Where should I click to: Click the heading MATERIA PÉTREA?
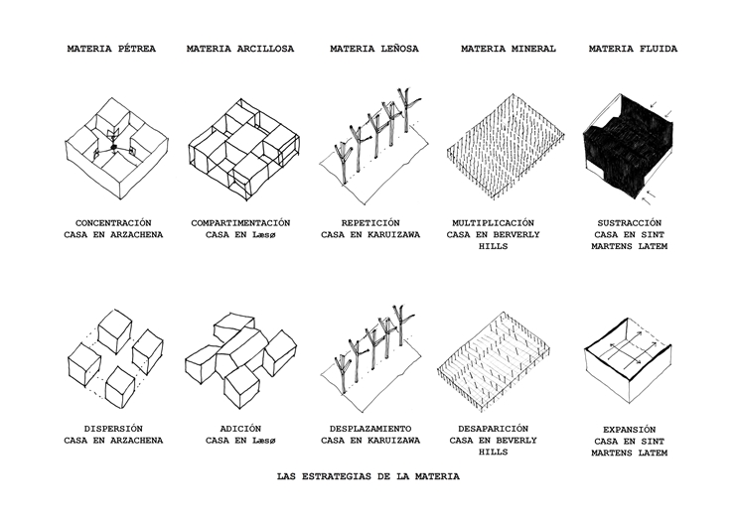coord(111,49)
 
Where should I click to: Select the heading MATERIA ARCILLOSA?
coord(239,49)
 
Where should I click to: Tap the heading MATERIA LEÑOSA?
coord(374,49)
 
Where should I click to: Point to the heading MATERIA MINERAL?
coord(508,49)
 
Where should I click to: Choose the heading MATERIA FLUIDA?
coord(633,49)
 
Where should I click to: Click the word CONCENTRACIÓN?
coord(113,223)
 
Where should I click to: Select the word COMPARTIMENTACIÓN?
coord(240,223)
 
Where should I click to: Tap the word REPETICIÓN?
coord(370,223)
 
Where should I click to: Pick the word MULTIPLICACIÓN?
coord(493,223)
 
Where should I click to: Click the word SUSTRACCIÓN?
coord(629,223)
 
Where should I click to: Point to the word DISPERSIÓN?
coord(113,429)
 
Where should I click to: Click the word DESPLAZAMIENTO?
coord(370,429)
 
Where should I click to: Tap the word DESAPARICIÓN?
coord(493,429)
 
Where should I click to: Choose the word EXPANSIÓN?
coord(629,430)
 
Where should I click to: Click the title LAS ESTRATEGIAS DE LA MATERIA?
coord(368,477)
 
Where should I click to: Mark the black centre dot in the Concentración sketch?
coord(113,148)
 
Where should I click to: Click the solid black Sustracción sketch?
coord(628,145)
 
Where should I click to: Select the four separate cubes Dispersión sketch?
coord(115,358)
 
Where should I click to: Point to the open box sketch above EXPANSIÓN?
coord(628,360)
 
